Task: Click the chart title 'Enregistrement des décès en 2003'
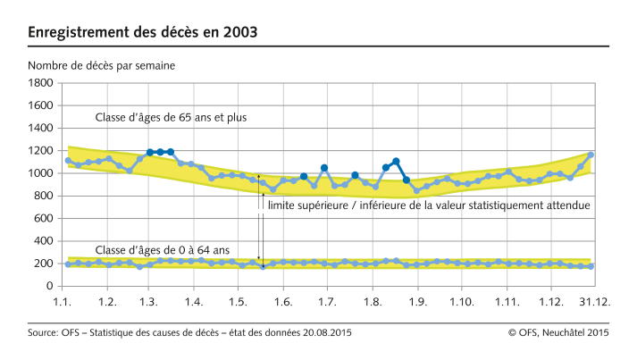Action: coord(143,33)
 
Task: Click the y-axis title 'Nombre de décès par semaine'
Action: coord(102,65)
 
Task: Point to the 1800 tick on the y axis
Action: coord(40,82)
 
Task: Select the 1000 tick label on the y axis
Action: coord(40,173)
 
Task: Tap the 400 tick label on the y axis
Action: coord(44,241)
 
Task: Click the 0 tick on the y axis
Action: coord(51,287)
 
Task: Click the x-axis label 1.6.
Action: coord(283,303)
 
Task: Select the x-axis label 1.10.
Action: coord(462,303)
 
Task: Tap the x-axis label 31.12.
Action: coord(593,303)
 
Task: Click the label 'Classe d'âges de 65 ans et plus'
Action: coord(172,117)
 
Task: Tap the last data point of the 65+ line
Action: coord(591,155)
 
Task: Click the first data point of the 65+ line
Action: coord(68,160)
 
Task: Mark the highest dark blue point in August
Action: coord(396,161)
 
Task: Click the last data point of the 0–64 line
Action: coord(591,266)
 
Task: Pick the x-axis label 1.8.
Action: coord(371,303)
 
